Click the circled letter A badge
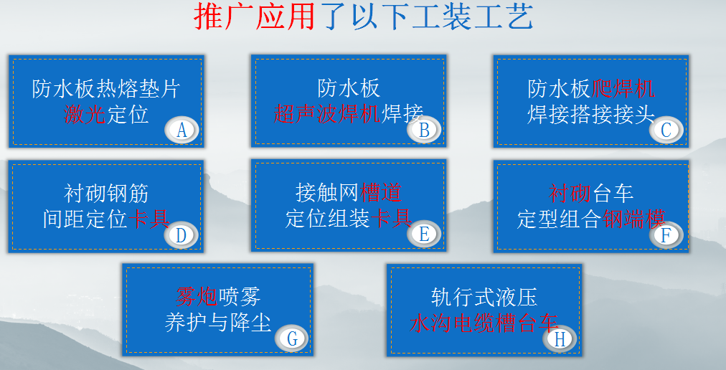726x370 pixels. (x=181, y=130)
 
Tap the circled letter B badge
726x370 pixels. (x=424, y=130)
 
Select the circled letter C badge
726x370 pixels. (x=666, y=130)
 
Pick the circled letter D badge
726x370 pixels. (x=181, y=235)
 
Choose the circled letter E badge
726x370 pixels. (x=424, y=234)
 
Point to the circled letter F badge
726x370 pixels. (x=666, y=234)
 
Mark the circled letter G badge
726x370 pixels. (x=292, y=338)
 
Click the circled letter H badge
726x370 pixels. (x=560, y=339)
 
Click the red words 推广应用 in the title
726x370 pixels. (x=254, y=16)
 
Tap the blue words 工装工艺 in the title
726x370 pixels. (x=472, y=16)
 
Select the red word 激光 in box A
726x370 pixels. (x=84, y=115)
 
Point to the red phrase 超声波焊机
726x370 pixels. (x=327, y=113)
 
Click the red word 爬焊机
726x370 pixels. (x=623, y=88)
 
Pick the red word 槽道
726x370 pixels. (x=381, y=193)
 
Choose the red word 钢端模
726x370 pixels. (x=634, y=219)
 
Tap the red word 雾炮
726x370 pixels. (x=197, y=297)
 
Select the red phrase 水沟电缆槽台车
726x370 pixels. (x=484, y=323)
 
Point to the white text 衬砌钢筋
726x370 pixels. (x=106, y=194)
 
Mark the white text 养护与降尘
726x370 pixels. (x=218, y=323)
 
